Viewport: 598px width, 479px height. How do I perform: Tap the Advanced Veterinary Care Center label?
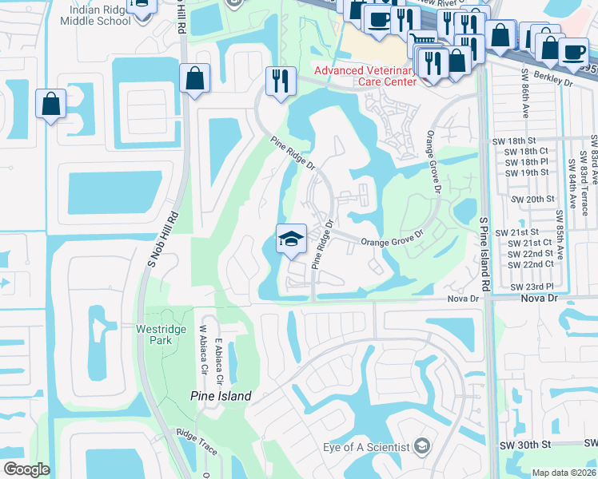[365, 76]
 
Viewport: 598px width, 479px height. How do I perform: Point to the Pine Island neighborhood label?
[221, 396]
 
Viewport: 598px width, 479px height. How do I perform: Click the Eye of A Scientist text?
[366, 446]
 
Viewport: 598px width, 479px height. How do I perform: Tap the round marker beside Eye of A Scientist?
[422, 445]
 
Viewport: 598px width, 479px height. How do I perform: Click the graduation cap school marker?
[290, 238]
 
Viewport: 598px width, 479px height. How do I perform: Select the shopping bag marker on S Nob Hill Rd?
[195, 78]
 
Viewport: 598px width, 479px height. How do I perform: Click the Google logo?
[26, 469]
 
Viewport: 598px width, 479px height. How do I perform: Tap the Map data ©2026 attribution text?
[564, 473]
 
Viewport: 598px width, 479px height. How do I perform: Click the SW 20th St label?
[529, 199]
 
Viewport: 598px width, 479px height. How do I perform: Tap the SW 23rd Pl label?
[531, 286]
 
